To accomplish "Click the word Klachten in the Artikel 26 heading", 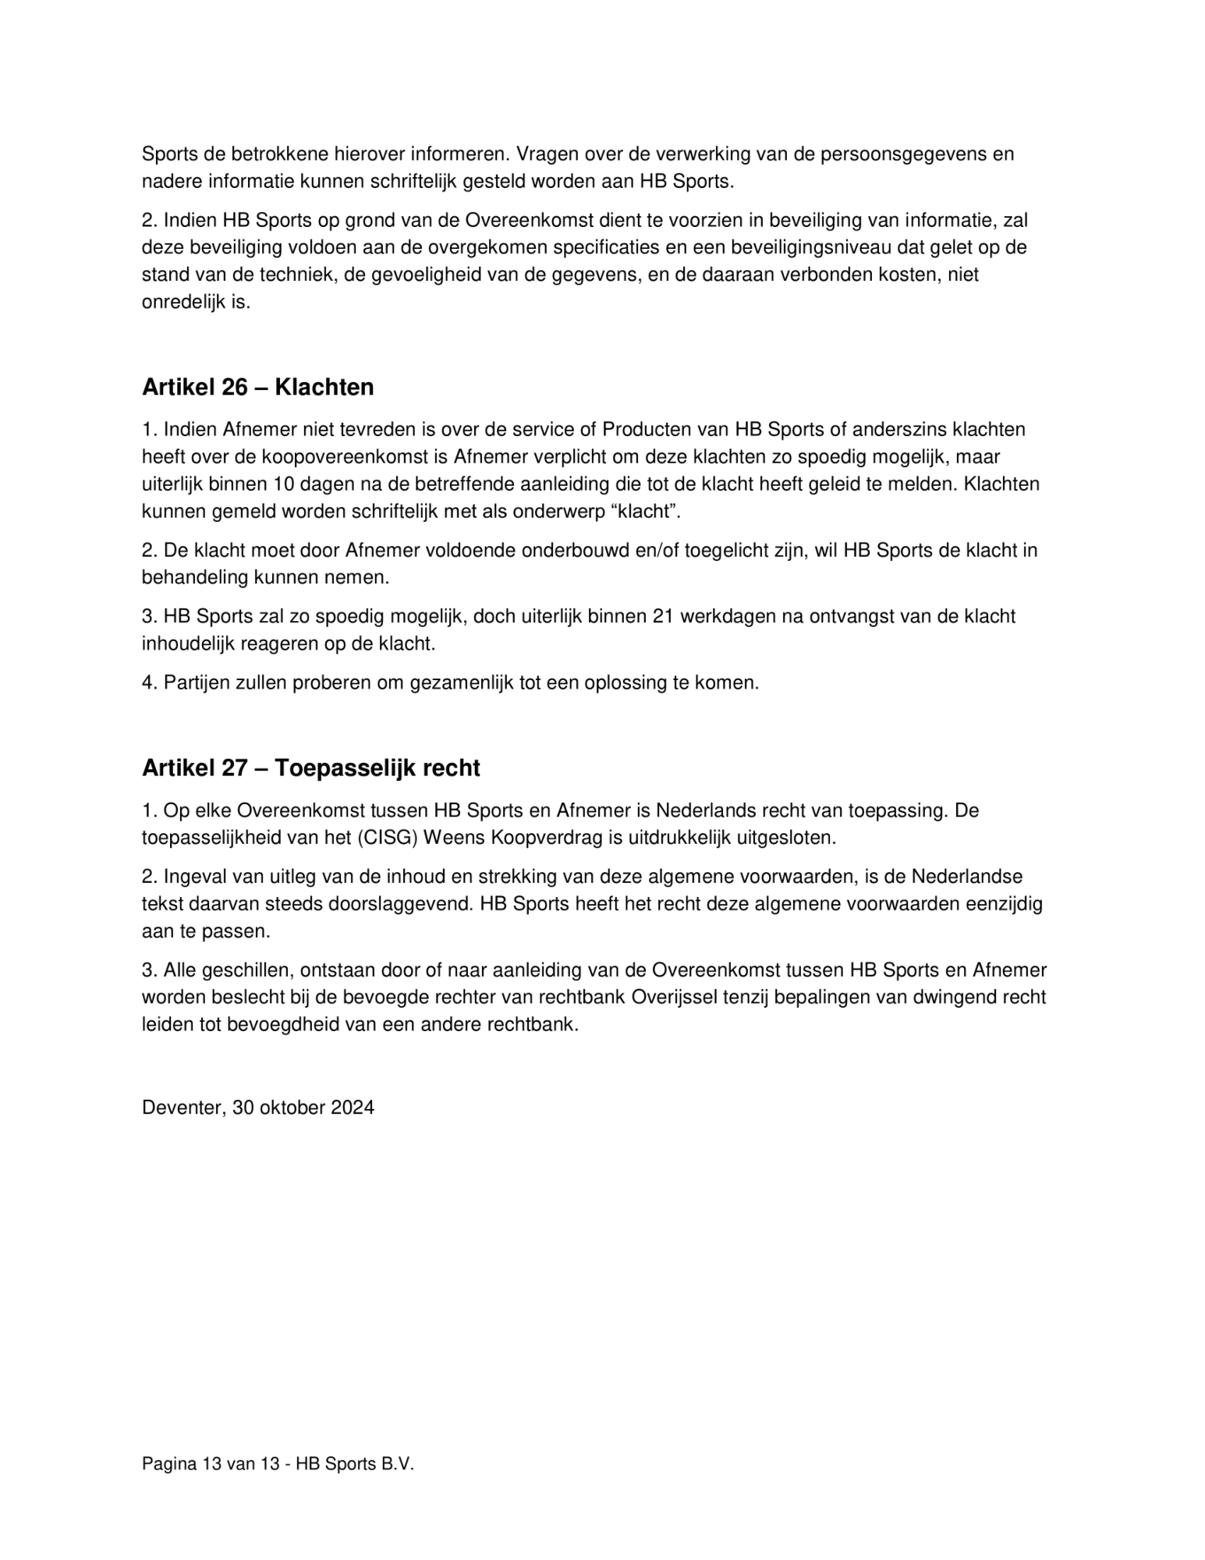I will tap(324, 388).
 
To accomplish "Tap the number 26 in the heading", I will tap(234, 388).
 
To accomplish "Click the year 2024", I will tap(352, 1108).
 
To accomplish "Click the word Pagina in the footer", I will tap(168, 1465).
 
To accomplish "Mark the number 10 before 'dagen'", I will tap(285, 484).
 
